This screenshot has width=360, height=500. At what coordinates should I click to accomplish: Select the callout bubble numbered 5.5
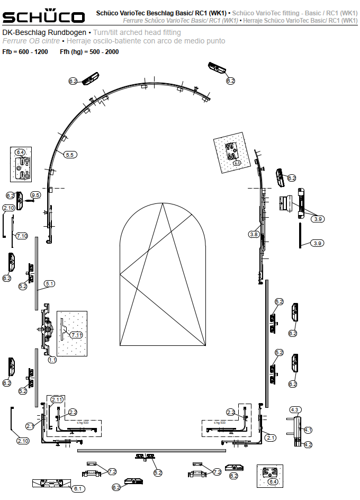pyautogui.click(x=70, y=155)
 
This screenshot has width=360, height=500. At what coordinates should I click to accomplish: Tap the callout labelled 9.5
pyautogui.click(x=35, y=195)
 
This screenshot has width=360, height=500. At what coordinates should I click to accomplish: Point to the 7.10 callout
pyautogui.click(x=22, y=236)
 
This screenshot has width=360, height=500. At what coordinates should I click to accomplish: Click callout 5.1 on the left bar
pyautogui.click(x=49, y=284)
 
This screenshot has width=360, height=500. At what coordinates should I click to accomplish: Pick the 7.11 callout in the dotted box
pyautogui.click(x=77, y=335)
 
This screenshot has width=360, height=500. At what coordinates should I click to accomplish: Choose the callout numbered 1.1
pyautogui.click(x=52, y=360)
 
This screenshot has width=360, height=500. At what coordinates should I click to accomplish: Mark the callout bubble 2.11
pyautogui.click(x=57, y=399)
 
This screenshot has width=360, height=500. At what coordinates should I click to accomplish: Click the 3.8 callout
pyautogui.click(x=254, y=234)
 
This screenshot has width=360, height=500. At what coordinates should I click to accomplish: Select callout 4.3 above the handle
pyautogui.click(x=295, y=409)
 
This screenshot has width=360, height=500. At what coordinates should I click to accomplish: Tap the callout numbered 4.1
pyautogui.click(x=308, y=430)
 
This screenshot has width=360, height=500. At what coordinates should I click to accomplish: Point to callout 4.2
pyautogui.click(x=308, y=445)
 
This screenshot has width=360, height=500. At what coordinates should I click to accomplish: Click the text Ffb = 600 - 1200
pyautogui.click(x=25, y=52)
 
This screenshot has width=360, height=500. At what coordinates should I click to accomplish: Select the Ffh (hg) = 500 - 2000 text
pyautogui.click(x=89, y=52)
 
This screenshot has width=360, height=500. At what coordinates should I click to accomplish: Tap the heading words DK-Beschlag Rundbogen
pyautogui.click(x=44, y=33)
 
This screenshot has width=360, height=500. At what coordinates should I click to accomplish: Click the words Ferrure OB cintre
pyautogui.click(x=31, y=41)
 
